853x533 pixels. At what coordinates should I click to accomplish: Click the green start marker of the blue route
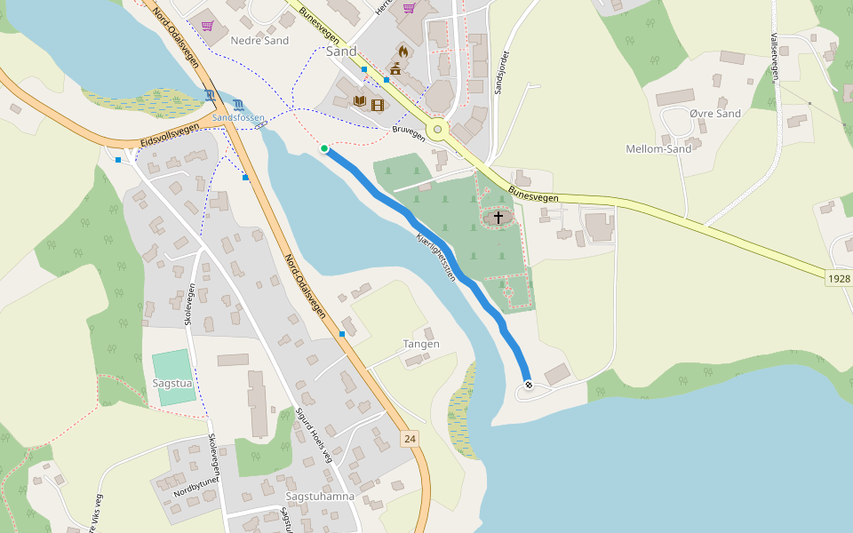point(324,148)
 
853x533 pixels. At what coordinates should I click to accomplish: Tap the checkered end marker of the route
point(529,385)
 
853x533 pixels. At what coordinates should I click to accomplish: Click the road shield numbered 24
point(409,439)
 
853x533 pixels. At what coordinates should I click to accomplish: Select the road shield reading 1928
point(838,279)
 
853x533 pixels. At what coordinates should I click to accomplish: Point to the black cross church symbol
point(498,217)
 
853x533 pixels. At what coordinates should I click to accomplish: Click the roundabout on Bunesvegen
point(437,130)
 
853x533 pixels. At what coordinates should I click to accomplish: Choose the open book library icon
point(360,101)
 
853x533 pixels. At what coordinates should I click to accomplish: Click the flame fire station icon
point(403,52)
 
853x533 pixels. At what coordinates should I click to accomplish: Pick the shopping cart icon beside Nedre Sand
point(207,26)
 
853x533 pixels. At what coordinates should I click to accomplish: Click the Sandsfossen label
point(238,117)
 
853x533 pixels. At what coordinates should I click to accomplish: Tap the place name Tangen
point(421,344)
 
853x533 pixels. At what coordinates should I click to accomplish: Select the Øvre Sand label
point(714,114)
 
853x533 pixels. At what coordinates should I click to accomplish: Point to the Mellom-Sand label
point(658,148)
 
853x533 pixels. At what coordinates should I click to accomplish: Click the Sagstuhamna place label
point(320,497)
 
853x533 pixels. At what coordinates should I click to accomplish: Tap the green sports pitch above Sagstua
point(171,363)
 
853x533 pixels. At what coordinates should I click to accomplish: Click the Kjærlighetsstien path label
point(435,258)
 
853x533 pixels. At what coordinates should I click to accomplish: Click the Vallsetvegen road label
point(775,57)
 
